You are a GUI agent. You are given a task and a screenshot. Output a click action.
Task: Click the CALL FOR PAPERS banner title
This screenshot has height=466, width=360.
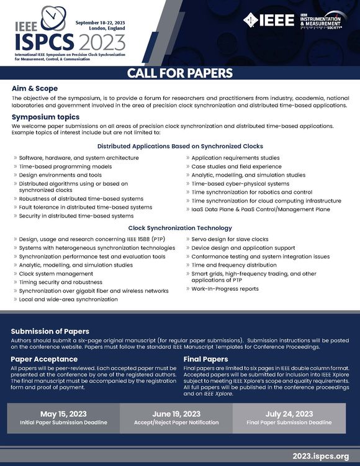[x=180, y=73]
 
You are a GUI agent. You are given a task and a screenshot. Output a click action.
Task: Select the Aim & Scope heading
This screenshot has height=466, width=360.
[x=35, y=89]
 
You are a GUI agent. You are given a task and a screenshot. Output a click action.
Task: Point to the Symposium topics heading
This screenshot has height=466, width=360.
[x=45, y=117]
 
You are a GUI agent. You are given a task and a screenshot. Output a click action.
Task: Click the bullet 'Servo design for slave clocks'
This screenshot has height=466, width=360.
[x=230, y=239]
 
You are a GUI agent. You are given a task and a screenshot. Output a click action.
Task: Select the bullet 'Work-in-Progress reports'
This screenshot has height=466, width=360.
[x=225, y=288]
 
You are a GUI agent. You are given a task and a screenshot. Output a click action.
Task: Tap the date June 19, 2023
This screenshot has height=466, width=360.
[x=176, y=414]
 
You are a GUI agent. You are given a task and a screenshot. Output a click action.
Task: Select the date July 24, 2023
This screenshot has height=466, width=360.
[x=290, y=414]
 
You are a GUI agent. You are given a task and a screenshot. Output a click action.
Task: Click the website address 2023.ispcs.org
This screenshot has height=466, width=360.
[x=316, y=455]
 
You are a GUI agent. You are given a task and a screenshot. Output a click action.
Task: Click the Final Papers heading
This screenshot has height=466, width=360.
[x=205, y=359]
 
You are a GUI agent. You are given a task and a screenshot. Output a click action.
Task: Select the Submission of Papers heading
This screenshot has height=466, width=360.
[x=50, y=331]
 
